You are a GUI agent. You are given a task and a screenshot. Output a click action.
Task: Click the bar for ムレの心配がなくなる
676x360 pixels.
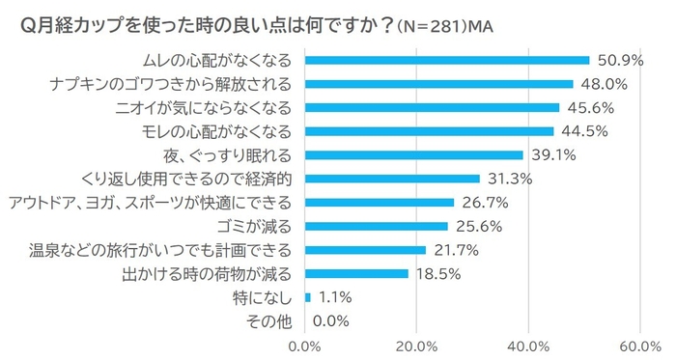[x=447, y=60]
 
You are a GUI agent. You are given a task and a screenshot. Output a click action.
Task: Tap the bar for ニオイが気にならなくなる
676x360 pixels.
[x=432, y=107]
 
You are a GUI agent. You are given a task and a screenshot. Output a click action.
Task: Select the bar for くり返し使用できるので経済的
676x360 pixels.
[x=392, y=179]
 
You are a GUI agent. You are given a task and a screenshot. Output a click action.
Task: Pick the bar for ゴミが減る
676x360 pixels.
[x=377, y=226]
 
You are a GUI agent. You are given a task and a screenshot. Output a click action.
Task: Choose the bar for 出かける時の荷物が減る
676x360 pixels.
[x=356, y=274]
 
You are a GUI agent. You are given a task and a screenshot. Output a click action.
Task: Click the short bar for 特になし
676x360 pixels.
[x=308, y=297]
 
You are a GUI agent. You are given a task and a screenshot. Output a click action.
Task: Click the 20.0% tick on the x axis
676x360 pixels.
[x=416, y=346]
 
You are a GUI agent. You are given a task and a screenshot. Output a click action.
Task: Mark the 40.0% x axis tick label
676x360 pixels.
[x=527, y=346]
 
